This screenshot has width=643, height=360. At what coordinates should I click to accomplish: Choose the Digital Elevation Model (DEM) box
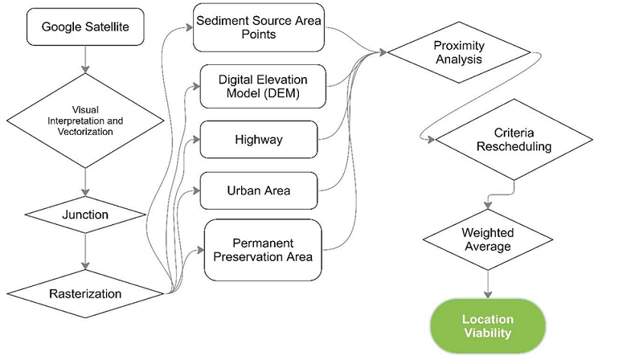(x=263, y=87)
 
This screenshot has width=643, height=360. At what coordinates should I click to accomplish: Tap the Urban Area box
(x=259, y=191)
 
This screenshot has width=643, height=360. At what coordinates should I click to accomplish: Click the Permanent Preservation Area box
(x=263, y=249)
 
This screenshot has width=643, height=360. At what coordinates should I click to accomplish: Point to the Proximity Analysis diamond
(x=458, y=52)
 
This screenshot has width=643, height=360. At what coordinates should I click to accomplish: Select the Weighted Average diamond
(x=487, y=238)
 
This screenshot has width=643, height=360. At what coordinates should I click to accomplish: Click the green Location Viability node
(x=487, y=325)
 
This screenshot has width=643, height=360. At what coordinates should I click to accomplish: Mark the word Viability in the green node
(x=487, y=333)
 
